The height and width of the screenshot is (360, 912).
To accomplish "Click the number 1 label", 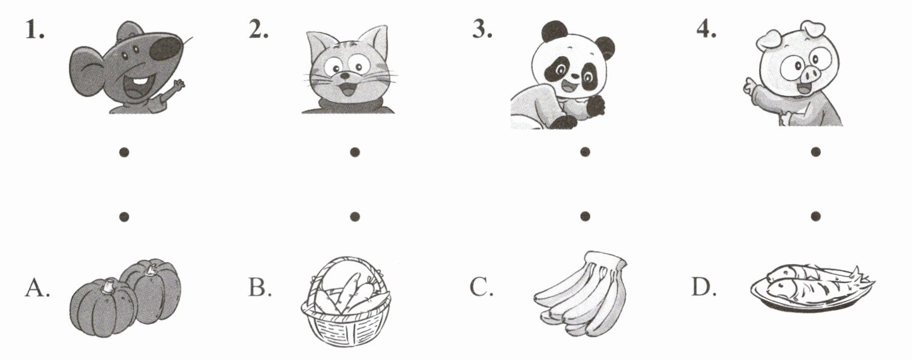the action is (34, 30).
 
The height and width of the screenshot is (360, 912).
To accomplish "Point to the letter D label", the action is (704, 287).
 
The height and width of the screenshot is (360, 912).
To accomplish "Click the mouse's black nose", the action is (166, 47).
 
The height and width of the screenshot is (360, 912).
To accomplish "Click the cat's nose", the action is (346, 76).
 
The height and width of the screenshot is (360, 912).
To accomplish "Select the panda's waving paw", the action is (596, 106).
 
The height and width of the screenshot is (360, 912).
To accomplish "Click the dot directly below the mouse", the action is (124, 152).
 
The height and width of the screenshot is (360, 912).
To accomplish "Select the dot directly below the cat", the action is (355, 152).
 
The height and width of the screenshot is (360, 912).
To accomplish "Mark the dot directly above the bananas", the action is (585, 216).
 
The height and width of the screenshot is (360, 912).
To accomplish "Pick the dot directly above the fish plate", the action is (815, 216).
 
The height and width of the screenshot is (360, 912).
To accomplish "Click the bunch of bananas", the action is (582, 294).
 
